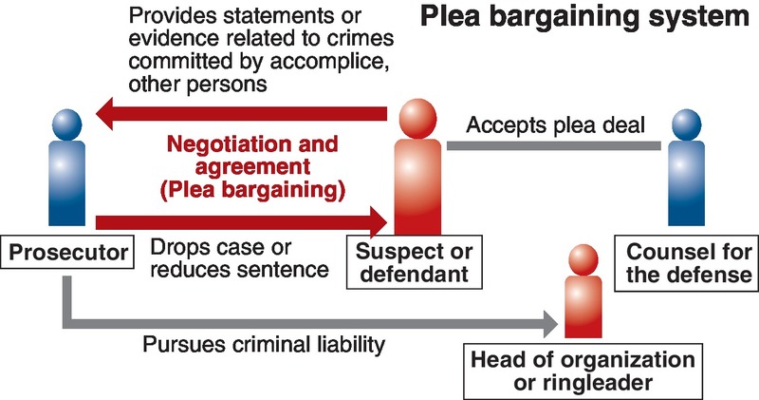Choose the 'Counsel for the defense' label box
(x=688, y=264)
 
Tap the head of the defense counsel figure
(x=690, y=126)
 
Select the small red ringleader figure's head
(x=581, y=257)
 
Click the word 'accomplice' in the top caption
(x=323, y=62)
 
